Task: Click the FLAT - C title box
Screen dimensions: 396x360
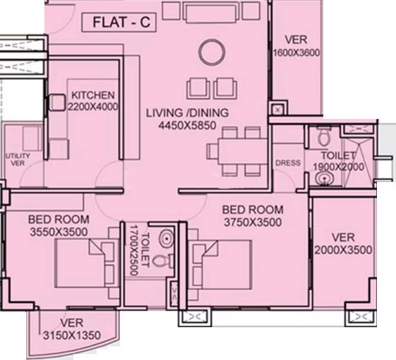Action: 119,23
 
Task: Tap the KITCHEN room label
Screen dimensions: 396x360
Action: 92,95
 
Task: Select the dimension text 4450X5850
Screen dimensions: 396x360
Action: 187,125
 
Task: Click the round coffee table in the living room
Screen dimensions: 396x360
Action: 212,52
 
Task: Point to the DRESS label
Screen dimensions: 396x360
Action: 288,163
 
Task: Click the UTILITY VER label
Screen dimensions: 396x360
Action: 18,160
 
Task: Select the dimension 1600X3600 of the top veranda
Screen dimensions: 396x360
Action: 296,52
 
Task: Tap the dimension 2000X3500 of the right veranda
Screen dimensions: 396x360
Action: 343,250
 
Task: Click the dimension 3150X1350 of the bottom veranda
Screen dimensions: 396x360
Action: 72,335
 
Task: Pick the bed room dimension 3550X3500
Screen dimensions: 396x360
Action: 58,232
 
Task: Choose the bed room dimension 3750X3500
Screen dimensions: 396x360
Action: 252,222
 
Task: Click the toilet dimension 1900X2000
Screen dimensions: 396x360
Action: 338,167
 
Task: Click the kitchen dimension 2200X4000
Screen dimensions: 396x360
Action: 93,107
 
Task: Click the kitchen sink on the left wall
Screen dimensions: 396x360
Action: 57,103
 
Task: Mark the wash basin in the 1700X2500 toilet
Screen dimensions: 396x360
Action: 166,238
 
